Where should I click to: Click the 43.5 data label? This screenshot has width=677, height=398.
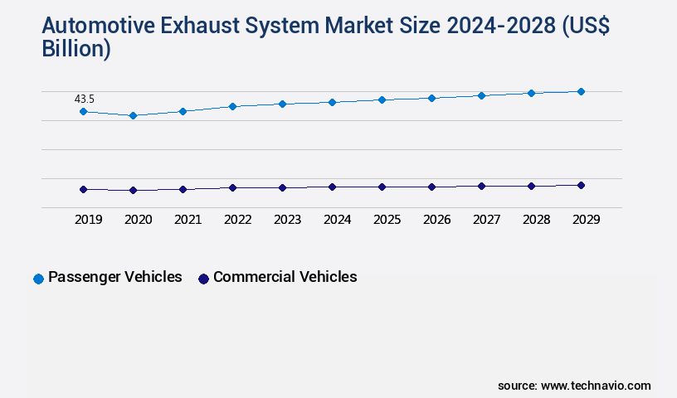tap(85, 99)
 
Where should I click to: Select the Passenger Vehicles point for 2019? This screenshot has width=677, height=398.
tap(83, 111)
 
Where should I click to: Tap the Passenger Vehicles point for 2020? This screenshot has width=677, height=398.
tap(133, 115)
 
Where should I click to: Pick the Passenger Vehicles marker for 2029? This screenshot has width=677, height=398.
tap(581, 91)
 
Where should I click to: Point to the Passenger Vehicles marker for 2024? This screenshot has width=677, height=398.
tap(332, 102)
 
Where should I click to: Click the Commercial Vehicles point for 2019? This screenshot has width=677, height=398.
tap(83, 189)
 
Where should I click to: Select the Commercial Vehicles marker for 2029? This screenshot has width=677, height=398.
tap(581, 185)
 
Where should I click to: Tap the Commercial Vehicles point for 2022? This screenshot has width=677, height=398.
tap(232, 187)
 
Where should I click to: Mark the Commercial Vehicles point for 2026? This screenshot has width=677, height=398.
tap(431, 187)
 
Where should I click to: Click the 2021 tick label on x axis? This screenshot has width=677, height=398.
tap(188, 220)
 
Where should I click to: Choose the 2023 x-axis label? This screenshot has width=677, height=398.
tap(287, 220)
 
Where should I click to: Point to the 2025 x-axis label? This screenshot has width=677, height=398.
tap(387, 220)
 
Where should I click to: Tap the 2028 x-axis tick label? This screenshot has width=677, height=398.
tap(536, 220)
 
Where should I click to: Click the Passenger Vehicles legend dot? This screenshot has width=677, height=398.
tap(38, 279)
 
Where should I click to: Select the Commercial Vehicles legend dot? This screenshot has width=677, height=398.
tap(203, 279)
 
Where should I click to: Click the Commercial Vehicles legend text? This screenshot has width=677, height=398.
tap(285, 277)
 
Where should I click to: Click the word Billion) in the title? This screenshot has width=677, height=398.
tap(75, 49)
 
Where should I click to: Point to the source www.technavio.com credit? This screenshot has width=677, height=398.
tap(574, 386)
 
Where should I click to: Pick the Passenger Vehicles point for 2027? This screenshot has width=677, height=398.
tap(481, 95)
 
